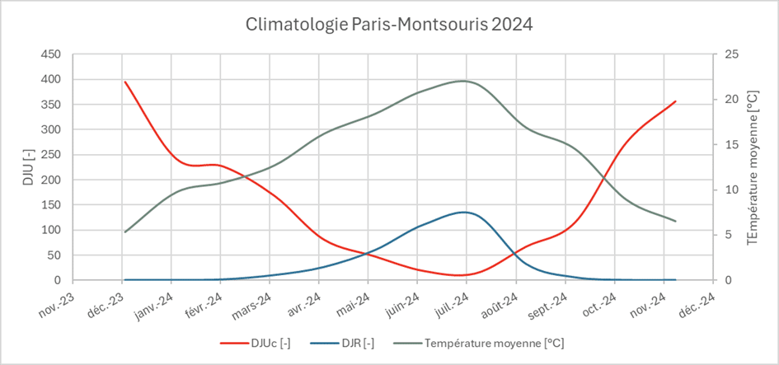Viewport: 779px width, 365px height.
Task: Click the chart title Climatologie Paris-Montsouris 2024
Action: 389,24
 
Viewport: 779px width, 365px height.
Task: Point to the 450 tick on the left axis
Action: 50,54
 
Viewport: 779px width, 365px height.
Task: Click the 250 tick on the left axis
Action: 50,155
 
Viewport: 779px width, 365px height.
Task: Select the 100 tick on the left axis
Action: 50,230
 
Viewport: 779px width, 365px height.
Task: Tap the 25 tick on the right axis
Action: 731,54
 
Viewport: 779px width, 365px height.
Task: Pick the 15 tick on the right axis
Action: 731,145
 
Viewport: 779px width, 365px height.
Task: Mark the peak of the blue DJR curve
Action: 465,212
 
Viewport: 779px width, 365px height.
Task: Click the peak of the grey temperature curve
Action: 463,81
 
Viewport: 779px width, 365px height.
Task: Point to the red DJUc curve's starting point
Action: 125,82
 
